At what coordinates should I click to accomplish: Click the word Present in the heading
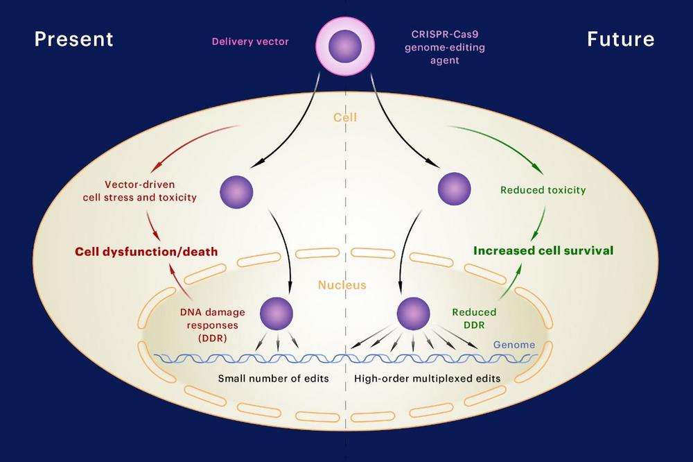[74, 39]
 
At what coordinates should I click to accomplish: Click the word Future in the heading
[620, 39]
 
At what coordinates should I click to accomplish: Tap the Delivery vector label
[250, 42]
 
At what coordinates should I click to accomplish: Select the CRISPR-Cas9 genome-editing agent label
[445, 47]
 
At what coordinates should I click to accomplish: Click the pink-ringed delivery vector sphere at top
[345, 46]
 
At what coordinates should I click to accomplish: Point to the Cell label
[345, 117]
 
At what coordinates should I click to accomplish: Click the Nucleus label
[342, 284]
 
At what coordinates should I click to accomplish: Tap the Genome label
[514, 345]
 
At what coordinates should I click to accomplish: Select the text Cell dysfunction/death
[146, 251]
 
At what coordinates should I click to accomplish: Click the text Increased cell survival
[543, 250]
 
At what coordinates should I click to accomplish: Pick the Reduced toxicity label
[543, 190]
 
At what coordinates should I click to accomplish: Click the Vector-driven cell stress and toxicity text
[140, 191]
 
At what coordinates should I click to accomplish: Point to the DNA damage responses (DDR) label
[213, 325]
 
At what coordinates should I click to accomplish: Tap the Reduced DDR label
[474, 318]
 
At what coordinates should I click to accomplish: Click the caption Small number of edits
[274, 378]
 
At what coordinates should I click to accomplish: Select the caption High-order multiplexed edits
[428, 378]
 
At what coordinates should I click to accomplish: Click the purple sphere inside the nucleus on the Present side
[277, 314]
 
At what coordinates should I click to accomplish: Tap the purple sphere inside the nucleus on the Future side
[413, 314]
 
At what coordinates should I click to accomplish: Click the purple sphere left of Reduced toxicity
[455, 189]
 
